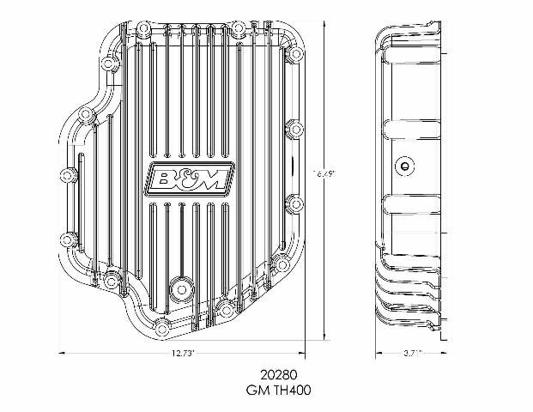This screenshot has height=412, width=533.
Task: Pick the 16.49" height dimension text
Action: pos(324,173)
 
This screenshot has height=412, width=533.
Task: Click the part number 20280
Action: pos(277,375)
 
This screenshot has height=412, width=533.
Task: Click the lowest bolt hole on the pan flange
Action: pos(225,311)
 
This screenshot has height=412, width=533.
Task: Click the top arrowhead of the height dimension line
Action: pos(324,21)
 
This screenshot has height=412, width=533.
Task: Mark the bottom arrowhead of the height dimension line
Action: pos(324,337)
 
